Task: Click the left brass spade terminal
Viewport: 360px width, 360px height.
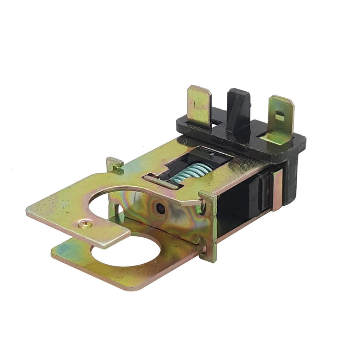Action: point(199,105)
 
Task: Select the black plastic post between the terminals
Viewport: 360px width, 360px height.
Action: point(238,109)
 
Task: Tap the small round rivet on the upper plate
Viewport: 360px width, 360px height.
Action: point(83,223)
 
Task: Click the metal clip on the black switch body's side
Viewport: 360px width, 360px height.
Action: point(276,190)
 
